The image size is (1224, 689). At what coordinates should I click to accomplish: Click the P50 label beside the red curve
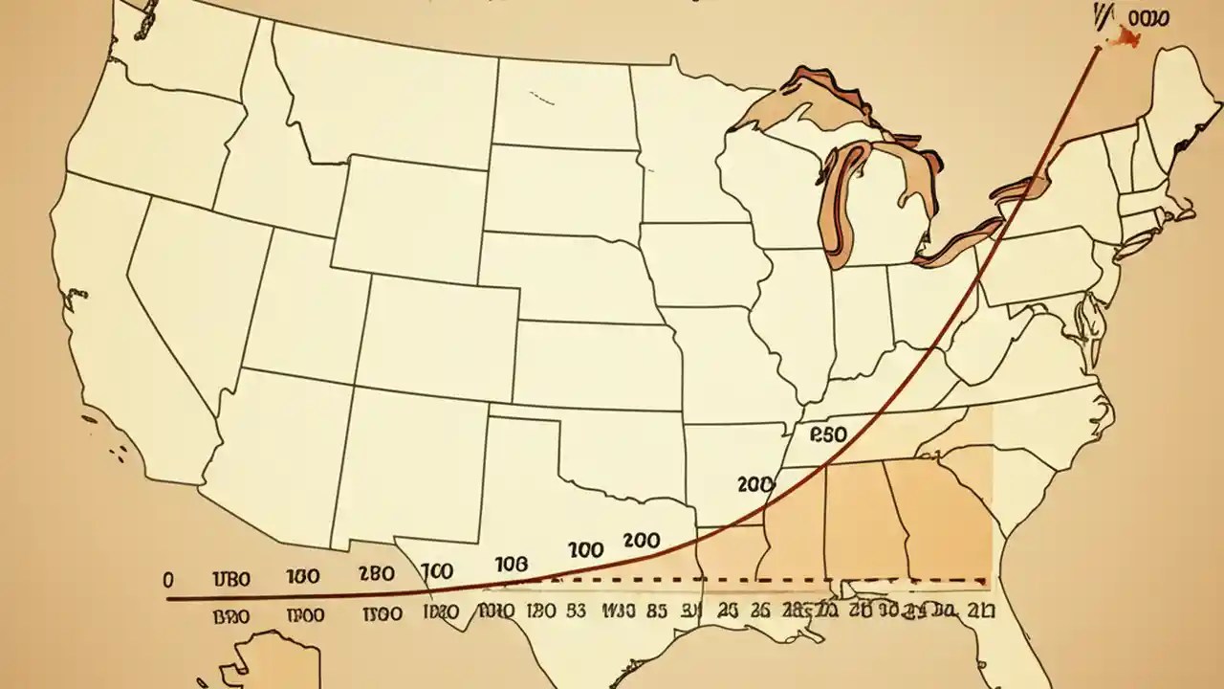point(828,434)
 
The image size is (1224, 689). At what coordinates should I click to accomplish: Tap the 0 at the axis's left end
point(168,579)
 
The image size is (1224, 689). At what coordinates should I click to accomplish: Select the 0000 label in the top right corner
point(1148,17)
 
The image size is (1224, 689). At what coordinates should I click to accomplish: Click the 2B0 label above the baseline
point(375,575)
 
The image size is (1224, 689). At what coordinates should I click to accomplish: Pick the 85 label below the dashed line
point(656,610)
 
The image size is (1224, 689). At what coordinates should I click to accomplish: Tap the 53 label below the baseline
point(577,610)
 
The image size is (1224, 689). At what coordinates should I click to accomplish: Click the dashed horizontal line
point(765,580)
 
